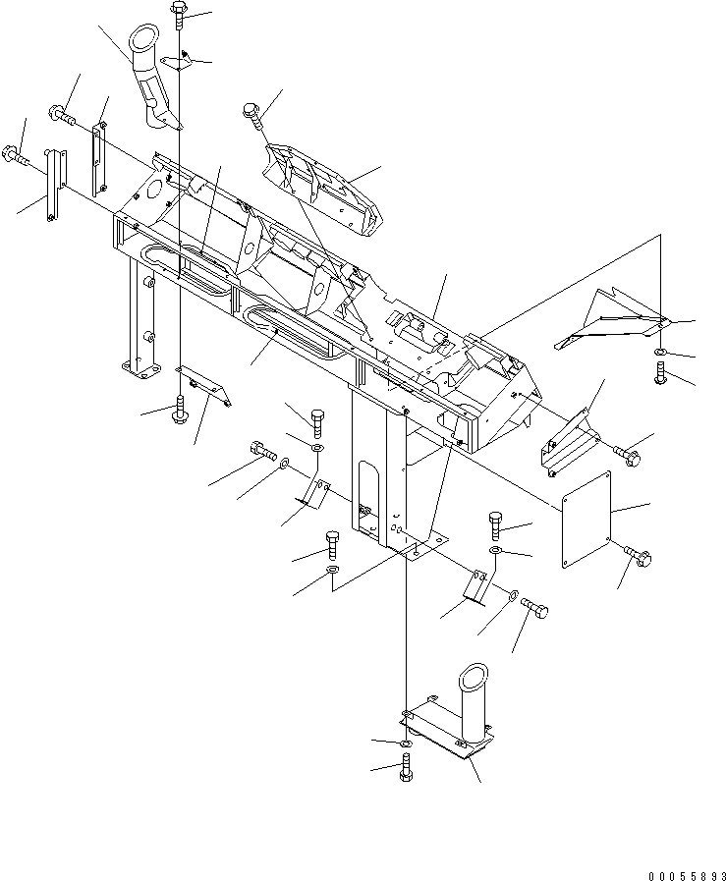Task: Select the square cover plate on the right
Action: (586, 520)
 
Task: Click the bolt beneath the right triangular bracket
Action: (661, 372)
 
